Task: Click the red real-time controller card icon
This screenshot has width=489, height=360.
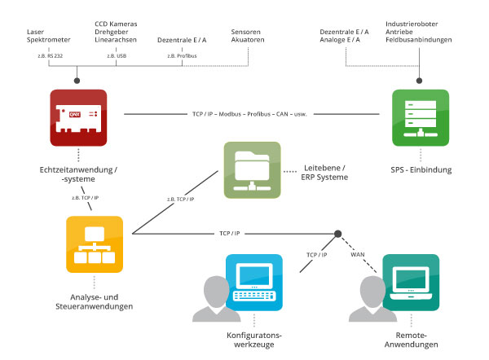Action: click(77, 117)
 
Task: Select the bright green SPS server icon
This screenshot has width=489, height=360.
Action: click(420, 117)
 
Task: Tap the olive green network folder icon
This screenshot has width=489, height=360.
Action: click(251, 170)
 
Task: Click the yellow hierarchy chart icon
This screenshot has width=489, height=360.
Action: click(94, 244)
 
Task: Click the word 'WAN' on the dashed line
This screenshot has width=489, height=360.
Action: click(357, 254)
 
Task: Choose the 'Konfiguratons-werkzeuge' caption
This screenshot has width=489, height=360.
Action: click(253, 340)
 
